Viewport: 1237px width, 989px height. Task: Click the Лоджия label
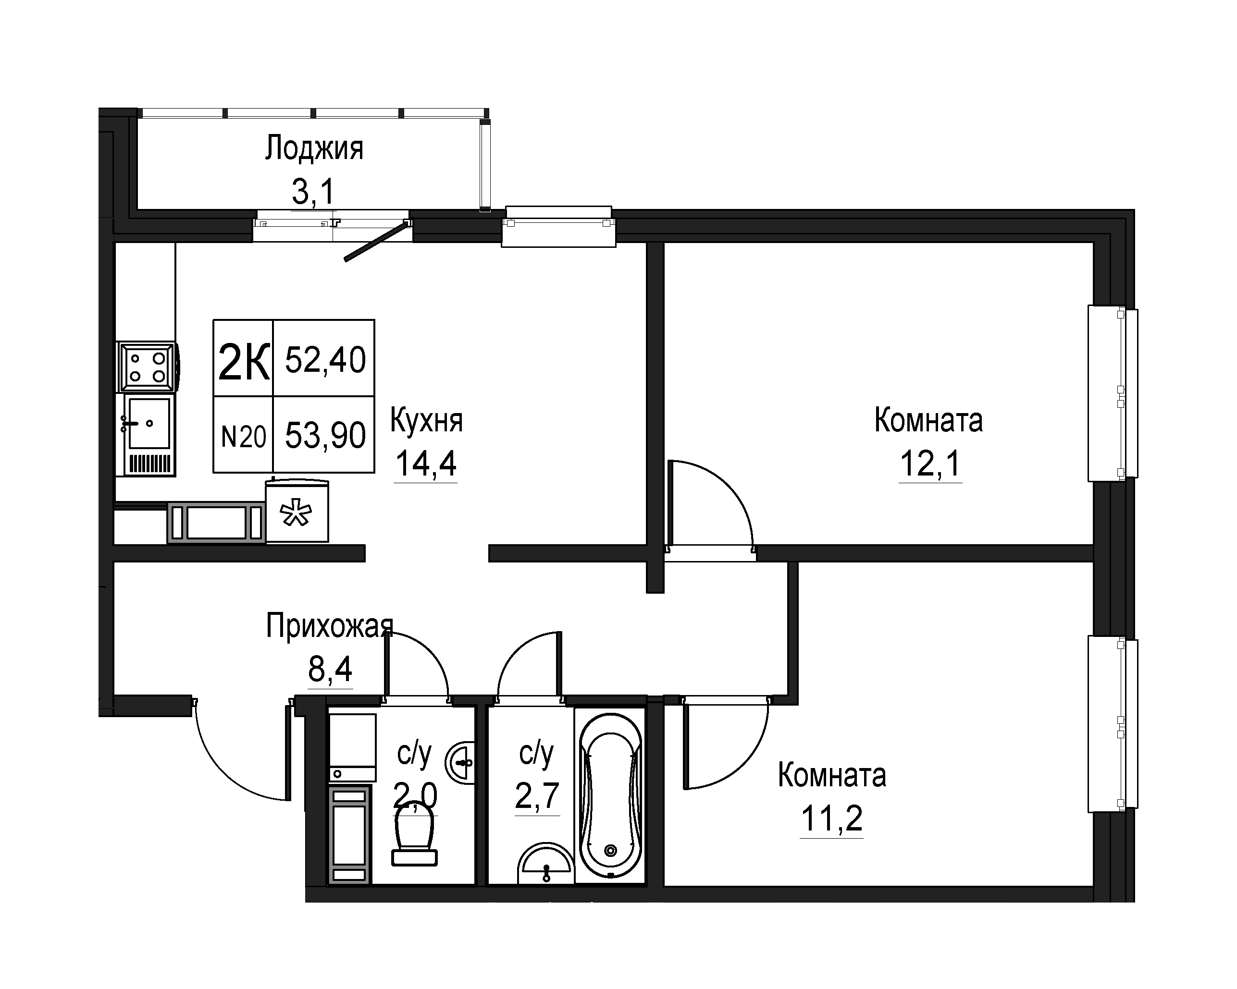(314, 148)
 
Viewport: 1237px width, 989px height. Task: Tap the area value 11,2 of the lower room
(831, 818)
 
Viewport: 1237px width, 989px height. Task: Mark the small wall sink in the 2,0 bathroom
(460, 763)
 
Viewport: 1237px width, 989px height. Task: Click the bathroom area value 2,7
(537, 795)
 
